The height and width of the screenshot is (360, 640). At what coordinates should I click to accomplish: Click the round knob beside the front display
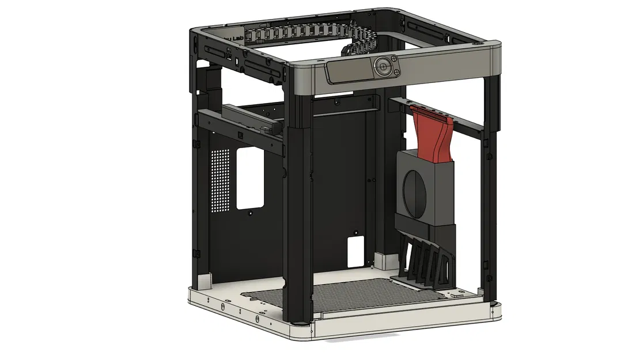coord(382,67)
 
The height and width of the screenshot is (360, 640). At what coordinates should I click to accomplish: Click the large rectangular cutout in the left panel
coord(250,177)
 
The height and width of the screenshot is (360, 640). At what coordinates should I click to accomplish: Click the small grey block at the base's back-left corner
coord(205,281)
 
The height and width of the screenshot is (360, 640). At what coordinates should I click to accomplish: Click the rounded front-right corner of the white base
coord(495,314)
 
